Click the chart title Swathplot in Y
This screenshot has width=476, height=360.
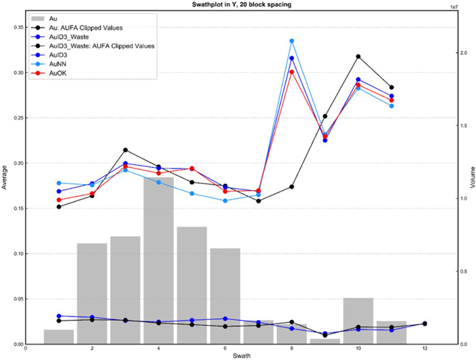tap(237, 4)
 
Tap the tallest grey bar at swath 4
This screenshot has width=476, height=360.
tap(158, 260)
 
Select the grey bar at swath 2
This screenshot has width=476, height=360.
tap(92, 293)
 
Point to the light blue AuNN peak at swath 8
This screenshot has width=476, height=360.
tap(292, 41)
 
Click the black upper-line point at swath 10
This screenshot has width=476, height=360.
tap(358, 56)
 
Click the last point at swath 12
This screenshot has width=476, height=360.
tap(424, 324)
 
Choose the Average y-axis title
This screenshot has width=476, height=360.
tap(5, 178)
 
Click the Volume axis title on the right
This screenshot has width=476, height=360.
tap(470, 178)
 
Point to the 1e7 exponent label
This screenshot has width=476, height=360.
tap(454, 6)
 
